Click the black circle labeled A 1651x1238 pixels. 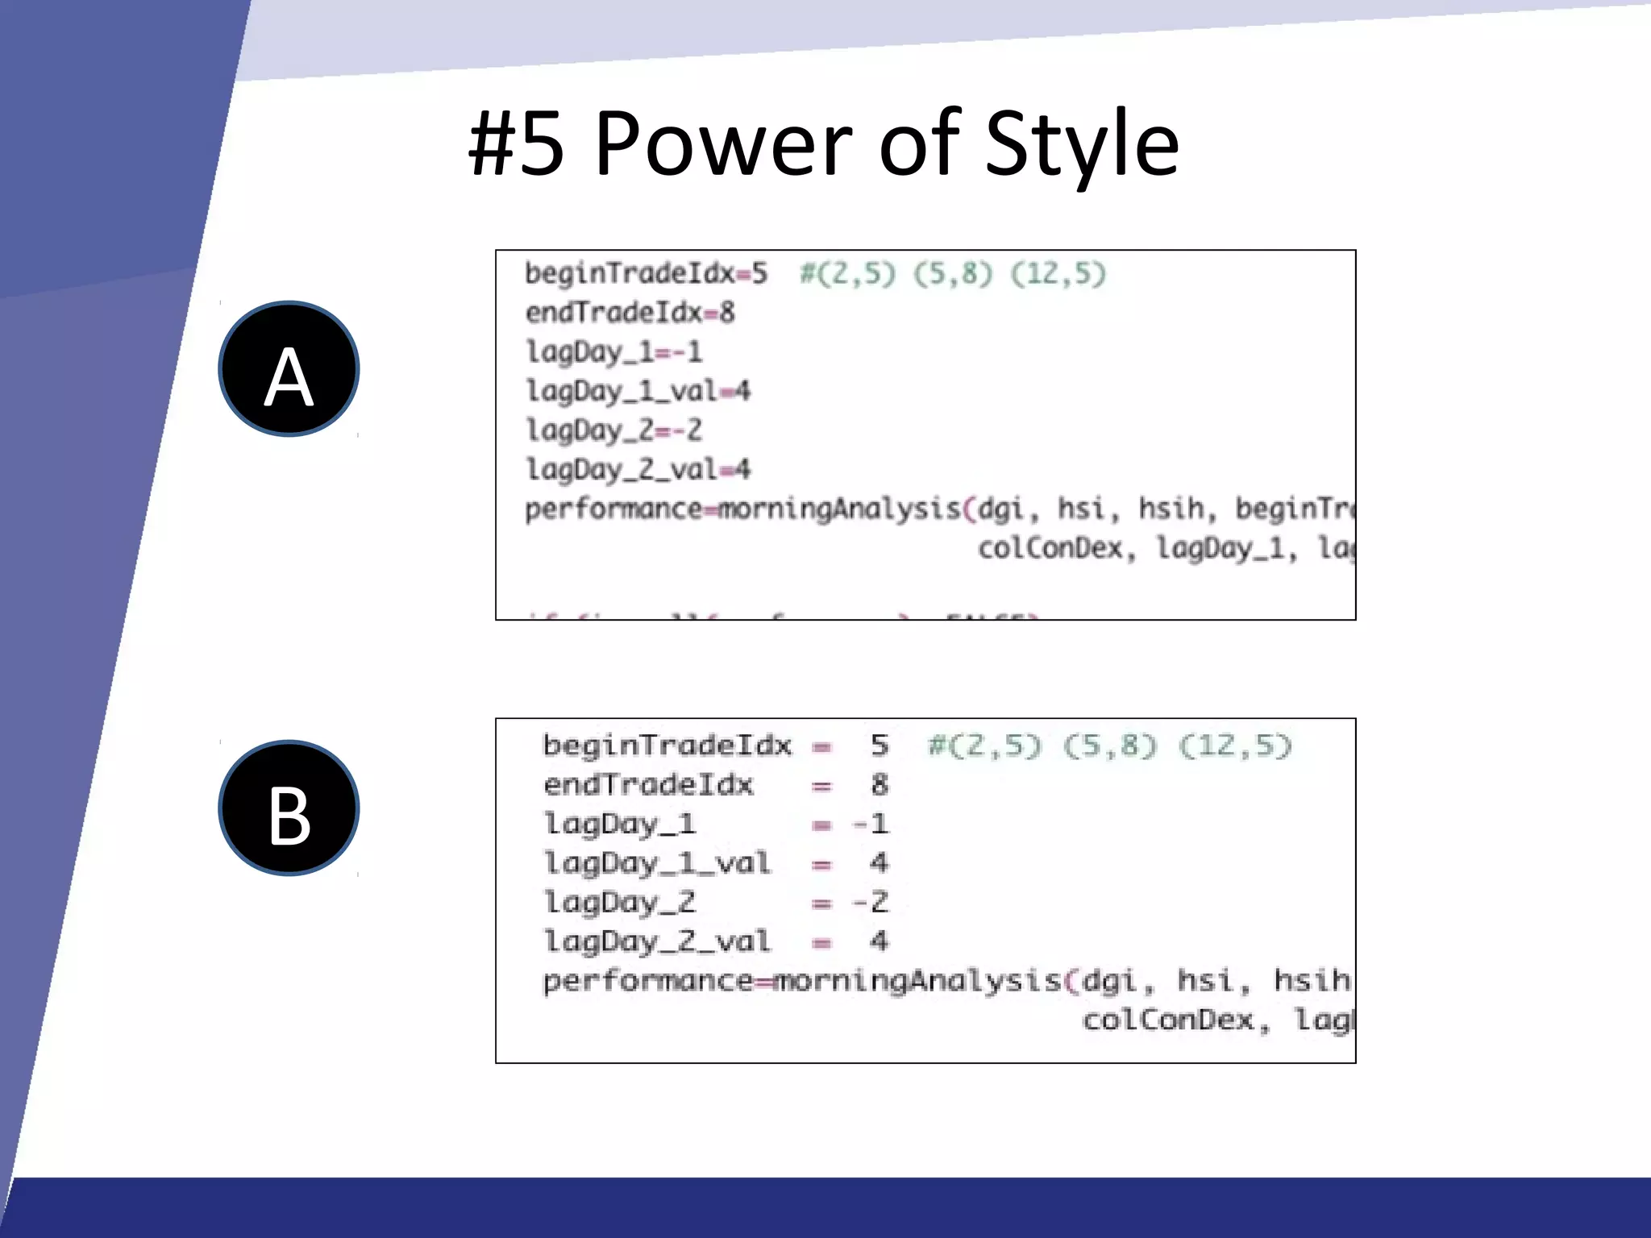tap(289, 369)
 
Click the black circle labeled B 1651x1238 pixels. tap(289, 808)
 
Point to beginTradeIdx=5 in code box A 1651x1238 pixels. tap(646, 274)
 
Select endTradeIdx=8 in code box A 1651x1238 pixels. tap(630, 313)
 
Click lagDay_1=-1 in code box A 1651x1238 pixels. tap(613, 352)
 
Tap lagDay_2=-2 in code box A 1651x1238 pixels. tap(613, 430)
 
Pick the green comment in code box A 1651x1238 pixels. tap(953, 274)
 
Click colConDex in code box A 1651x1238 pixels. tap(1050, 548)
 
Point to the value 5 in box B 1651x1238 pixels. tap(880, 746)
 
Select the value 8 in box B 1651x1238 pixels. tap(880, 784)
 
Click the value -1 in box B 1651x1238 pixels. tap(871, 824)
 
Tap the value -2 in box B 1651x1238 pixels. tap(871, 902)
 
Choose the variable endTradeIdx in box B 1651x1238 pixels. tap(648, 784)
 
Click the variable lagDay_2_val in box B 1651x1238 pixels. tap(657, 941)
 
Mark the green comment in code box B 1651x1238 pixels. tap(1110, 746)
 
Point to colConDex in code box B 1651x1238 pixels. tap(1168, 1020)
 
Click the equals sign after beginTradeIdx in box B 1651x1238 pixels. tap(821, 746)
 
